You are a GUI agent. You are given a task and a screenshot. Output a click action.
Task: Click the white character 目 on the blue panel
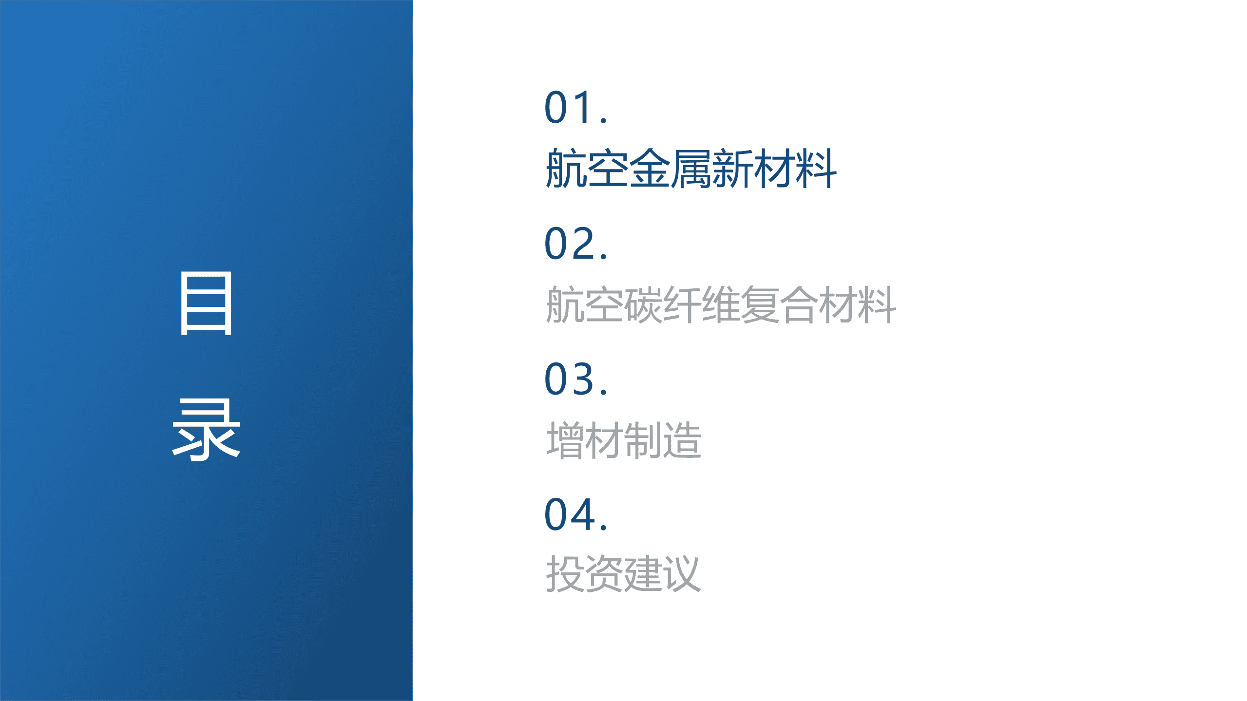206,303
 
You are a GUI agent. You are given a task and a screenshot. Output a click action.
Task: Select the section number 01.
575,108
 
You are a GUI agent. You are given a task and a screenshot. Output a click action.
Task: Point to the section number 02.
575,243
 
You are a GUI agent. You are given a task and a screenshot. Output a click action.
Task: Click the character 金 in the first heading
650,169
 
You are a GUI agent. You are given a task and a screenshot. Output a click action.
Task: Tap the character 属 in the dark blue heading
691,169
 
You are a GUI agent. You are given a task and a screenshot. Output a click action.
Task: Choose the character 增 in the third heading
565,440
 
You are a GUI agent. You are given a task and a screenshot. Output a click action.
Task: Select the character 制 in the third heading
643,440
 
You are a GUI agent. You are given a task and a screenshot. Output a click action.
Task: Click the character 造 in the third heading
682,440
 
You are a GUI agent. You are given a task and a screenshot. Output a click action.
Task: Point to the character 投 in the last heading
565,574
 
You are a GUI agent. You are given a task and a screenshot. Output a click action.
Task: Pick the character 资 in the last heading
604,574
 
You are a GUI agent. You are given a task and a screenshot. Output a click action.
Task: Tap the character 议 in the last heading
682,574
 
